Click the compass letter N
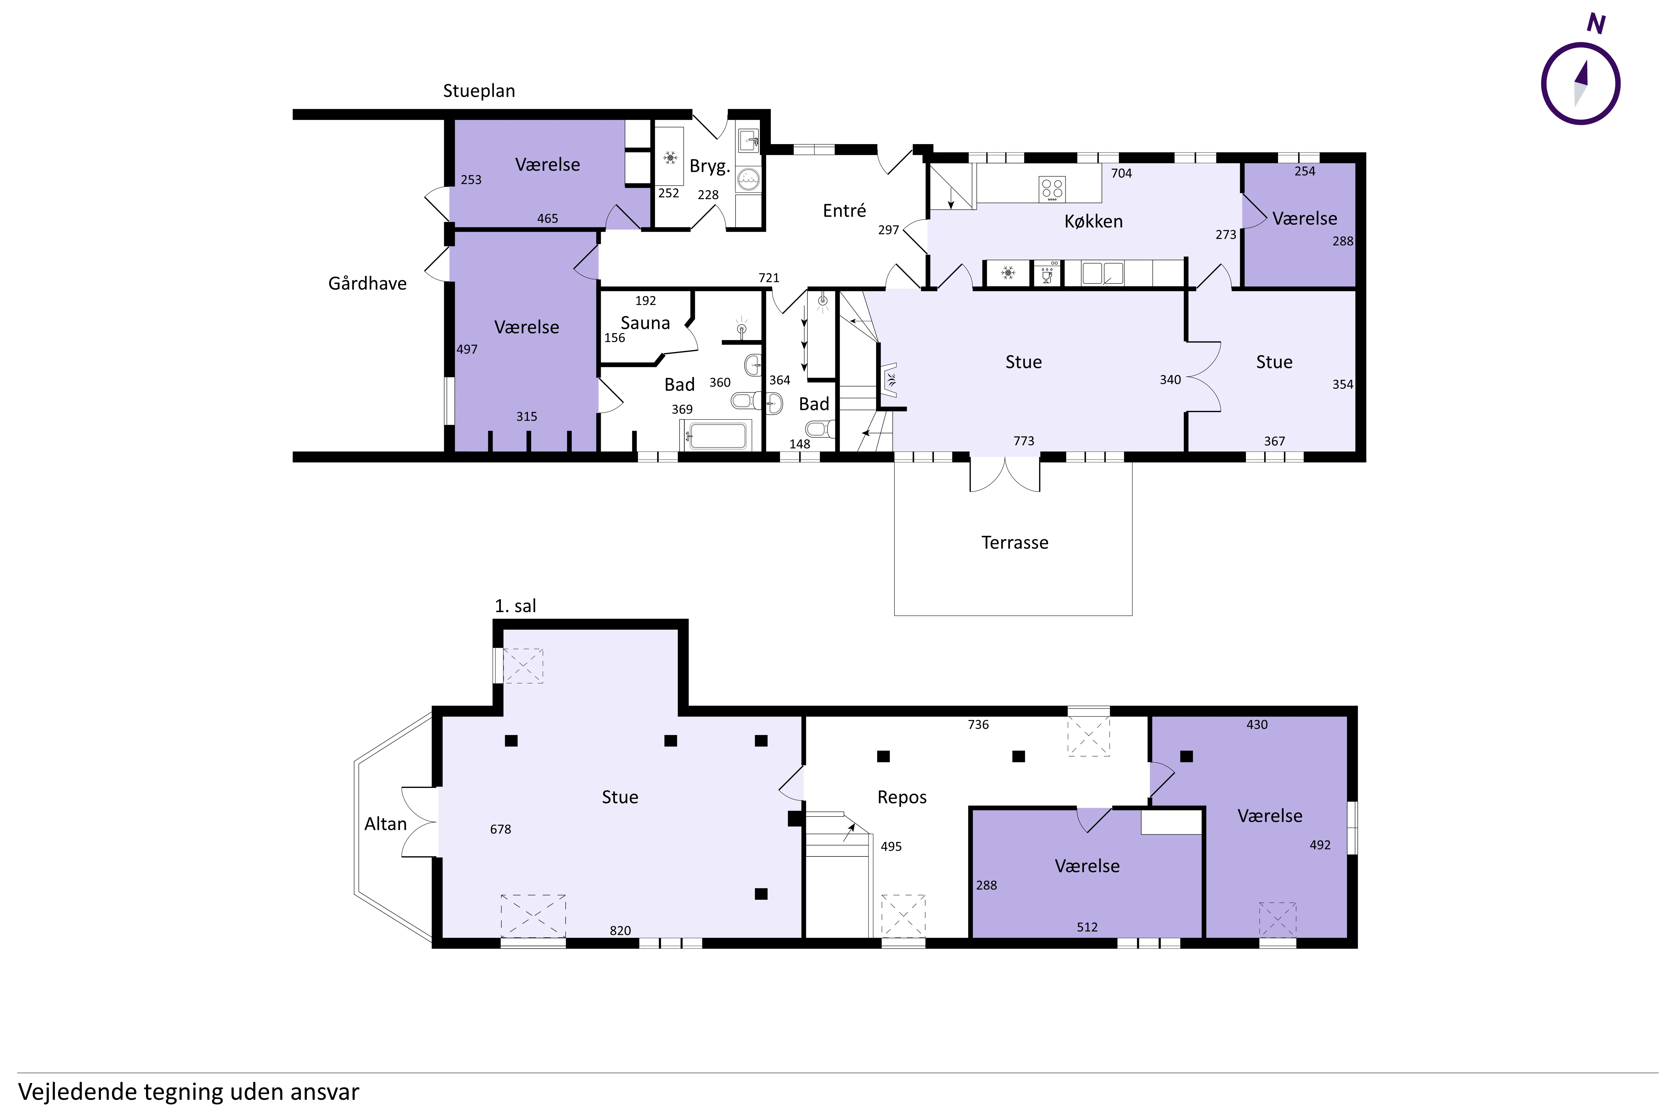tap(1596, 24)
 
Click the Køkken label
tap(1093, 221)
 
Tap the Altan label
tap(385, 824)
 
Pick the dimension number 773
tap(1023, 441)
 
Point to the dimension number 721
tap(769, 278)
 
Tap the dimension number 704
tap(1121, 173)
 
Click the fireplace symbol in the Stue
tap(889, 379)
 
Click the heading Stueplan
tap(478, 91)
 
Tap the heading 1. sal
tap(515, 606)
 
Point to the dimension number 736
tap(978, 724)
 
